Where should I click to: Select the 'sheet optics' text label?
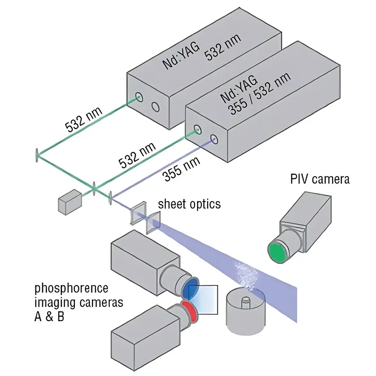point(189,204)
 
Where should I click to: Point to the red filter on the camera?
point(186,312)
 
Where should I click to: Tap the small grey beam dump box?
point(70,203)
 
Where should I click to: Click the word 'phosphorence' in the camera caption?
point(71,289)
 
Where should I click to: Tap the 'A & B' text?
point(49,316)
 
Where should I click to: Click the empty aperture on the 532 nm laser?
point(155,107)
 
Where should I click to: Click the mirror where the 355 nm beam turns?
point(110,198)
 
